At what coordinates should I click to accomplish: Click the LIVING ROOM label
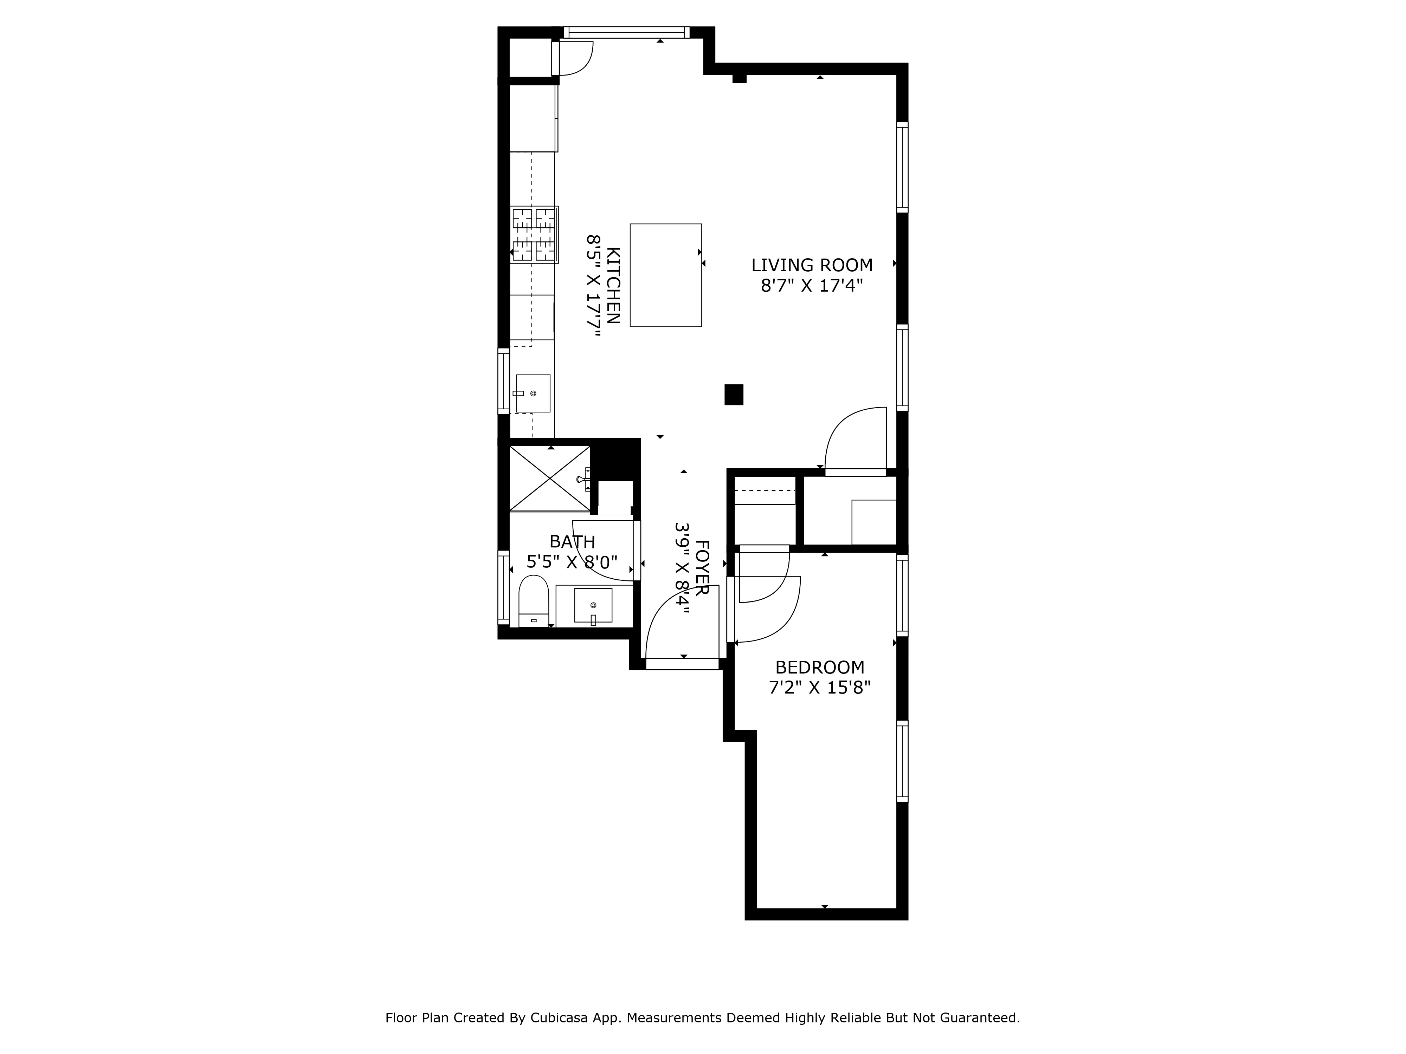[812, 265]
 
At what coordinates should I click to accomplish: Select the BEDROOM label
[819, 667]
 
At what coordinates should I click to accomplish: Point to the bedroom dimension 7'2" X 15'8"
[819, 688]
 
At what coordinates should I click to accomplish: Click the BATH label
[572, 542]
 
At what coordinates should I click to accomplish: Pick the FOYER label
[702, 567]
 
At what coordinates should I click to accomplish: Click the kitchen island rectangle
[665, 275]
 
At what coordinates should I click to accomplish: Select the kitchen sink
[533, 393]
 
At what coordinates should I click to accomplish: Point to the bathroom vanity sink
[593, 605]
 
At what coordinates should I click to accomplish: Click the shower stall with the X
[550, 479]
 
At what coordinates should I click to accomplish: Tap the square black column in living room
[734, 395]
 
